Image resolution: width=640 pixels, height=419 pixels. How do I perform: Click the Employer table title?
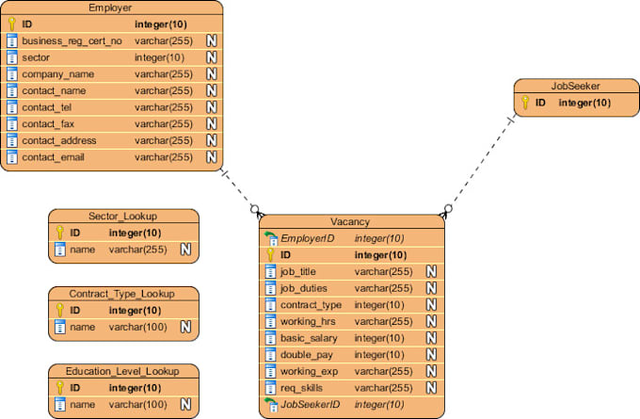click(x=110, y=8)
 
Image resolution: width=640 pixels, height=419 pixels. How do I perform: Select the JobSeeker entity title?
click(x=575, y=86)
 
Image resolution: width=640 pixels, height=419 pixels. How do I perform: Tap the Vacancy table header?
click(x=350, y=221)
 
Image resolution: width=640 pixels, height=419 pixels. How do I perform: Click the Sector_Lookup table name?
click(x=123, y=216)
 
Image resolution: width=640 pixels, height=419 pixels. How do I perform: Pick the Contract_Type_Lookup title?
click(x=123, y=293)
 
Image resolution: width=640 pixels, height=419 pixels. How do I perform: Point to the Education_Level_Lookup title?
click(x=123, y=370)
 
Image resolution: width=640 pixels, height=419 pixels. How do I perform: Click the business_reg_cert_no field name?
click(x=72, y=40)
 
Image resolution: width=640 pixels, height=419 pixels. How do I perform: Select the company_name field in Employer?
click(x=58, y=73)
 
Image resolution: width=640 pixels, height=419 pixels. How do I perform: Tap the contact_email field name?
click(x=54, y=156)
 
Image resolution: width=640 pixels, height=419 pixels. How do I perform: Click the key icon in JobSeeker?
click(x=525, y=103)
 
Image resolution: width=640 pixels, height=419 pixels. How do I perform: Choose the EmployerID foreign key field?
click(x=306, y=238)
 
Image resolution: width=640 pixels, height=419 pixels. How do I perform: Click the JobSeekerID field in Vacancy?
click(x=309, y=404)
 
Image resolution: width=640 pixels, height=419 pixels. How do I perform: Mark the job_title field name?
click(x=298, y=271)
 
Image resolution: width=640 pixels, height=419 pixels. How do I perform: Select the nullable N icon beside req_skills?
click(x=431, y=388)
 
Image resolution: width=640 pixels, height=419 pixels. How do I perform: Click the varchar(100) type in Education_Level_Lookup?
click(x=137, y=404)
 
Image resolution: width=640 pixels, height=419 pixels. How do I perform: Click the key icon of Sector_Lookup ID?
click(x=59, y=233)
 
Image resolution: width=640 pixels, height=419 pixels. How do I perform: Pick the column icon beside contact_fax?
click(x=11, y=123)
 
